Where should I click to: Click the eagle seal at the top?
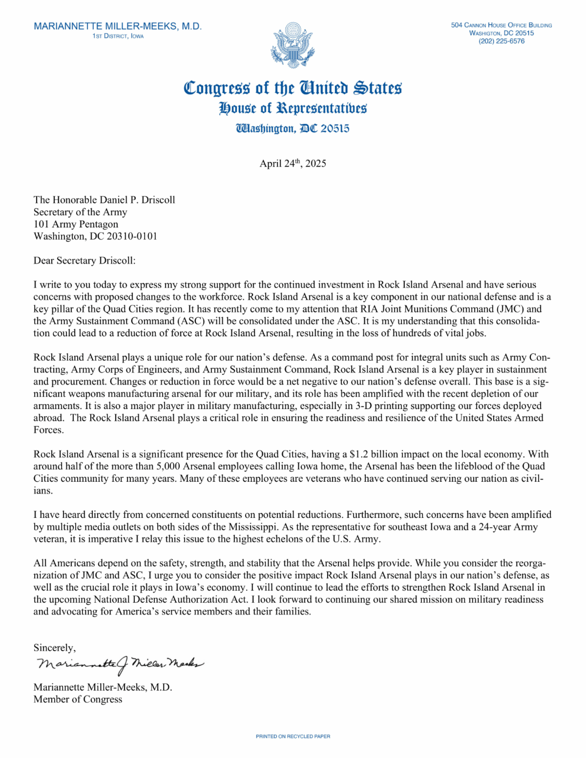click(293, 45)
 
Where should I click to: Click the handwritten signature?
click(120, 664)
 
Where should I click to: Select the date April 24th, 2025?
click(293, 164)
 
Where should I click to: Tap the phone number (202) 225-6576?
click(502, 41)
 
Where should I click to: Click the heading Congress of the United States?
click(293, 88)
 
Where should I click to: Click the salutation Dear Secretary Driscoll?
click(84, 261)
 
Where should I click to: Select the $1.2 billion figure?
click(372, 454)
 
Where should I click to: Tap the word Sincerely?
click(54, 648)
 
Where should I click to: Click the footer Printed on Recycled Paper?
click(293, 736)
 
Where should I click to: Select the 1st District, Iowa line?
click(118, 36)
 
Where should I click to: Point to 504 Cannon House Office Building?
click(502, 25)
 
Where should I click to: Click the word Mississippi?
click(253, 527)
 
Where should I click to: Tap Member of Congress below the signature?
click(78, 699)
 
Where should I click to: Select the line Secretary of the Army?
click(80, 212)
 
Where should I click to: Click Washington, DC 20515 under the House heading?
click(293, 129)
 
